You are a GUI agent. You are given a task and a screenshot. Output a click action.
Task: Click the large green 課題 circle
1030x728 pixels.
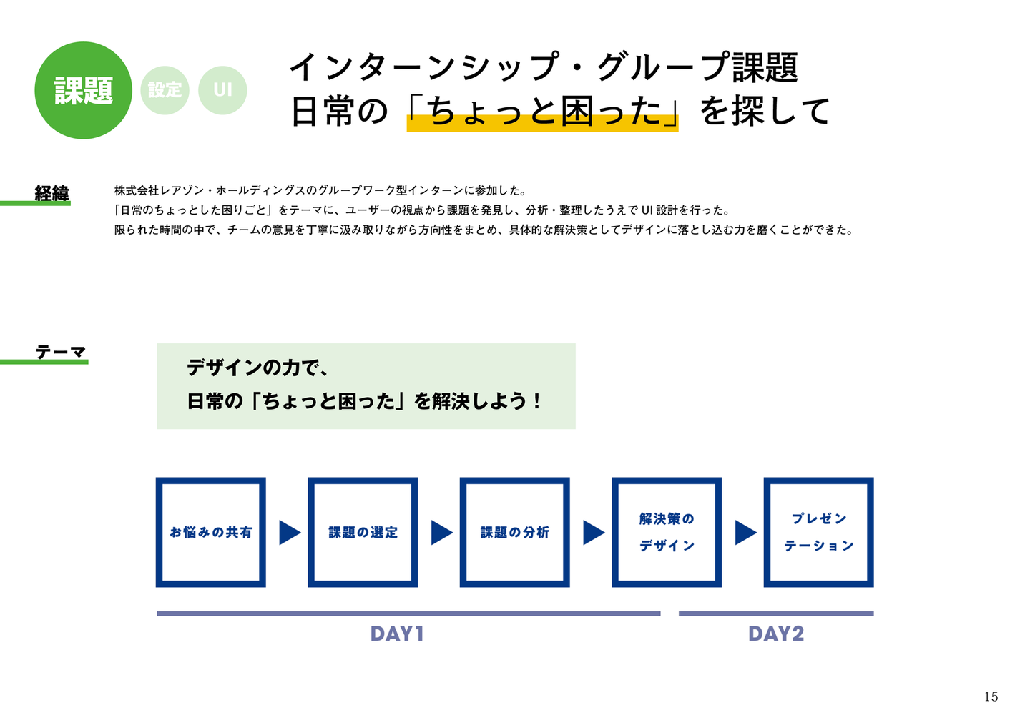pyautogui.click(x=84, y=90)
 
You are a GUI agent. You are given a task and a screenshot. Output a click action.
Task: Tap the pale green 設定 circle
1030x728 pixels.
pyautogui.click(x=165, y=90)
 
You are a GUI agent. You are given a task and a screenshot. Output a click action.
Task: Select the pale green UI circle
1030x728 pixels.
pyautogui.click(x=222, y=90)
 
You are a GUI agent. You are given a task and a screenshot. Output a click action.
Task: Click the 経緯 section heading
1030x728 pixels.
pyautogui.click(x=52, y=193)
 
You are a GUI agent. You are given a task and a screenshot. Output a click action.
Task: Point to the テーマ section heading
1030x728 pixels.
pyautogui.click(x=61, y=352)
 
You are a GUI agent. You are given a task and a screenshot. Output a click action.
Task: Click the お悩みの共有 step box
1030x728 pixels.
pyautogui.click(x=211, y=532)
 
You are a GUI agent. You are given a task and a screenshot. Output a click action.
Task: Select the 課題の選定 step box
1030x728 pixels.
pyautogui.click(x=363, y=532)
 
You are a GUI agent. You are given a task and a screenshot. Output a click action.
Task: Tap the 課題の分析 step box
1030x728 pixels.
pyautogui.click(x=515, y=532)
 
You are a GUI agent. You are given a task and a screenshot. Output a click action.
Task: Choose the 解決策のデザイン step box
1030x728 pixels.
pyautogui.click(x=667, y=532)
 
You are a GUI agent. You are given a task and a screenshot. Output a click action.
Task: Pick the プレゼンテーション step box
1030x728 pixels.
pyautogui.click(x=819, y=532)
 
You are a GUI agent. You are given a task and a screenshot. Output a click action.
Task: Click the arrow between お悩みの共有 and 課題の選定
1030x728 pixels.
pyautogui.click(x=289, y=532)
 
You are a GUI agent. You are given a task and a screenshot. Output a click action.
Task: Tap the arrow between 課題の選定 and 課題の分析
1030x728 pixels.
pyautogui.click(x=441, y=532)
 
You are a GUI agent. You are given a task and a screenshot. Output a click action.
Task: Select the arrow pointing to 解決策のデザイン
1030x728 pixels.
pyautogui.click(x=593, y=532)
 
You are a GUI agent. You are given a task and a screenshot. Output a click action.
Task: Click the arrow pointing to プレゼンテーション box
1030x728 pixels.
pyautogui.click(x=745, y=532)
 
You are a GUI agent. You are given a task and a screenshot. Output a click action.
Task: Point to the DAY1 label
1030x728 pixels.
pyautogui.click(x=397, y=634)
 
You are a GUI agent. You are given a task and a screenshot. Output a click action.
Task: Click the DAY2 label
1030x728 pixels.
pyautogui.click(x=776, y=634)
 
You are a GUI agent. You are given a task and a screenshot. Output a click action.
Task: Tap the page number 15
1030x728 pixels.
pyautogui.click(x=991, y=697)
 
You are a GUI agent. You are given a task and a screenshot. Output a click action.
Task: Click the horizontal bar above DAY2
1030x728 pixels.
pyautogui.click(x=776, y=614)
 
